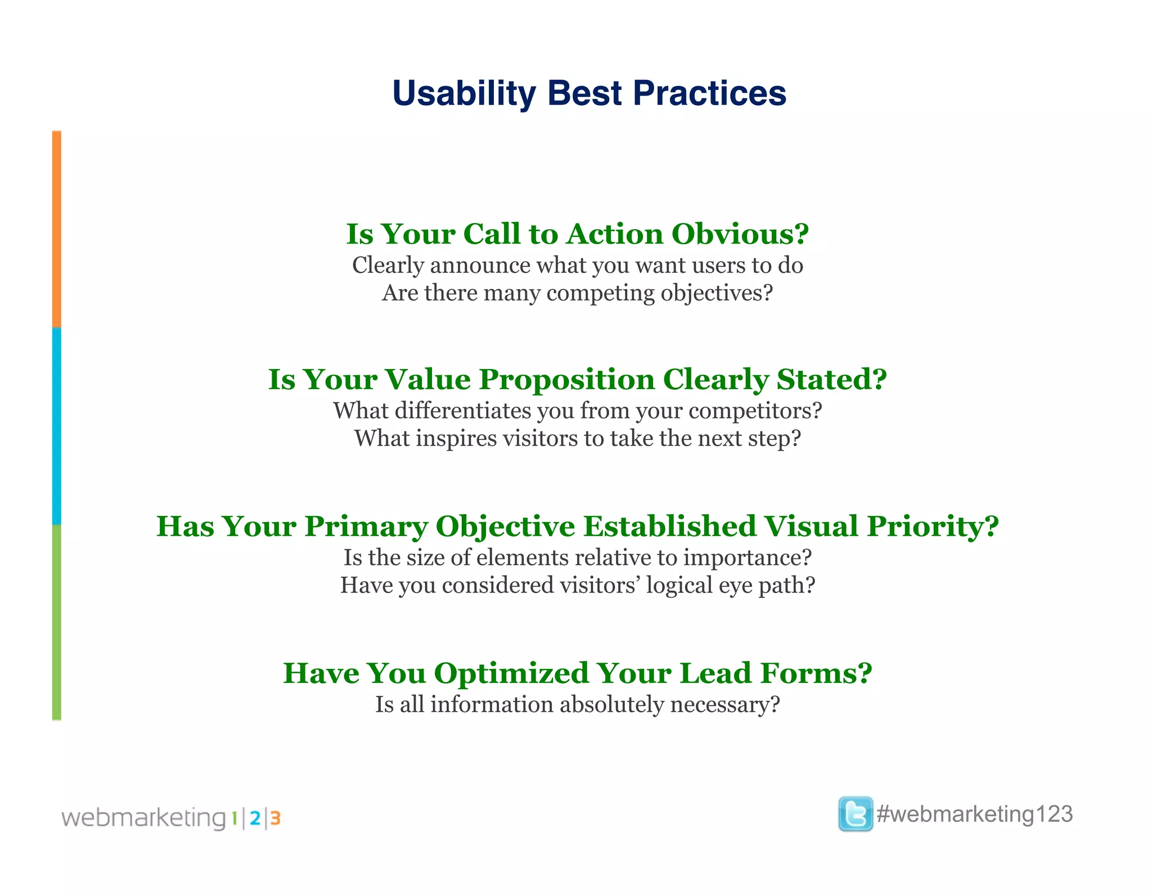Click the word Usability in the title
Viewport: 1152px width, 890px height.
[463, 93]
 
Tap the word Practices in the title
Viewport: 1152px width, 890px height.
[709, 93]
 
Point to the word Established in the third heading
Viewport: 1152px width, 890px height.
[669, 527]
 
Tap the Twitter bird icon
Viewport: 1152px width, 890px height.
[855, 814]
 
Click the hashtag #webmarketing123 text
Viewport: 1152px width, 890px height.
[975, 814]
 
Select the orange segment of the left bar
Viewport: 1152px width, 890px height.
[57, 230]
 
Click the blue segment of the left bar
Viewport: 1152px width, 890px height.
[57, 426]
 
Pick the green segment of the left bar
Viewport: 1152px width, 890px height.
[57, 622]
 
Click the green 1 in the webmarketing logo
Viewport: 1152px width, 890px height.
[234, 819]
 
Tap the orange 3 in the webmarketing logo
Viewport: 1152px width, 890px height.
[275, 819]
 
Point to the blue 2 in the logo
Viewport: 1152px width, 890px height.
[255, 819]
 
